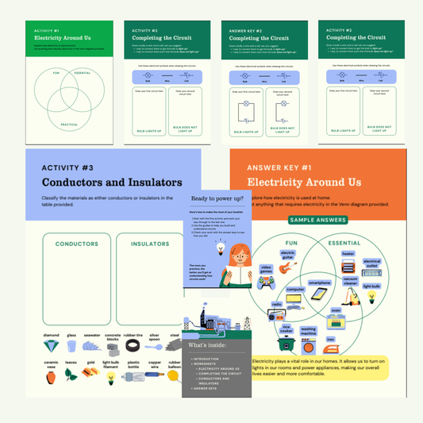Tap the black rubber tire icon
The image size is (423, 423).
[x=133, y=345]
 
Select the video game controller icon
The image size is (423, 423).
[x=268, y=281]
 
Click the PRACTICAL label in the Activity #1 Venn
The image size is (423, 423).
[x=67, y=125]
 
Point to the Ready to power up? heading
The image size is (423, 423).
[x=217, y=199]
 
